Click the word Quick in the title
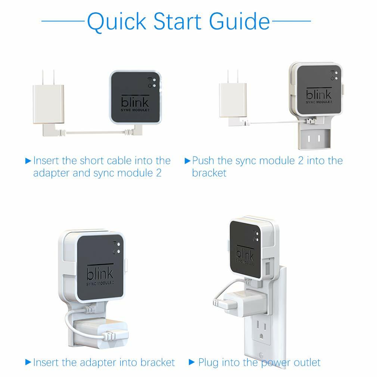(117, 22)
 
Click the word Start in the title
(177, 21)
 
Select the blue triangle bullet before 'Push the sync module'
(187, 161)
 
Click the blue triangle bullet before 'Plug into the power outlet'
(191, 362)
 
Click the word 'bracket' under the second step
(209, 172)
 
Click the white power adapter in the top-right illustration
(233, 97)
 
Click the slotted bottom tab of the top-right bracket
(314, 138)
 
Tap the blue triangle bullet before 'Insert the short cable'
(28, 161)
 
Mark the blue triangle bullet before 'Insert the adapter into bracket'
(28, 362)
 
